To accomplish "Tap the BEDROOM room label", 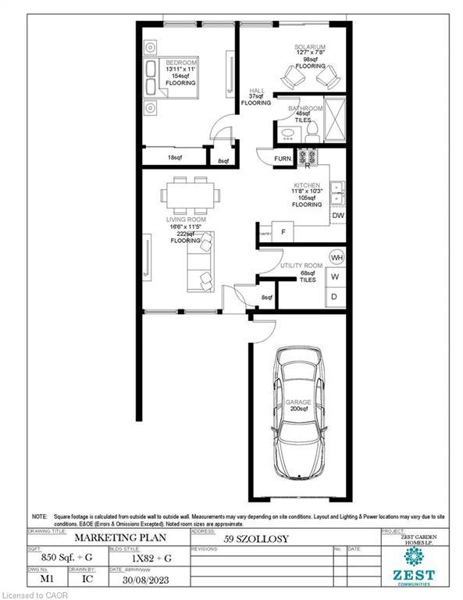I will pos(180,62).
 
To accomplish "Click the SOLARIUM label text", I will pos(309,47).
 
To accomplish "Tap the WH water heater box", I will pos(337,257).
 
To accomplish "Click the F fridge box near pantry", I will pos(283,232).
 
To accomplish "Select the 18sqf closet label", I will pos(174,157).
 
